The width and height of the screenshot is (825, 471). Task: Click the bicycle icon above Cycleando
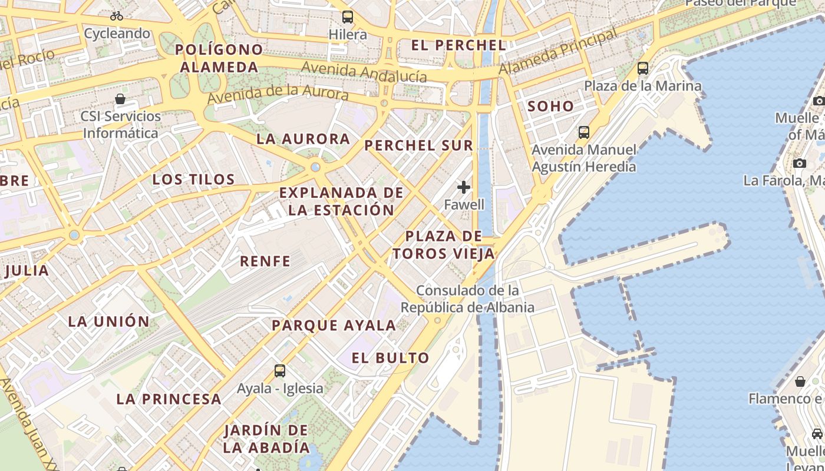(x=117, y=16)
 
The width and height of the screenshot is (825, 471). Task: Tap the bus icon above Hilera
(x=348, y=17)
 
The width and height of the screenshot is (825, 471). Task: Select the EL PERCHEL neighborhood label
(x=458, y=45)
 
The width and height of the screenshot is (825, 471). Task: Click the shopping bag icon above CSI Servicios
(x=120, y=98)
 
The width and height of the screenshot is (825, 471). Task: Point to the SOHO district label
(x=550, y=106)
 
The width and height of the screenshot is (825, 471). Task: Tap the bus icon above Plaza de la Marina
(x=643, y=68)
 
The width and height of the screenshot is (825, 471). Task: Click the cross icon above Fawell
(x=464, y=187)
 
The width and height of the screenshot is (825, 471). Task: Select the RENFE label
(x=265, y=261)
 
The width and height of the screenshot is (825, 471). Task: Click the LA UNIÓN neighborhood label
(x=109, y=321)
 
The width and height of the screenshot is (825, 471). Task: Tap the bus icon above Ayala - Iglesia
(x=280, y=371)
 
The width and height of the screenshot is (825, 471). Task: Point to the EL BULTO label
(x=391, y=358)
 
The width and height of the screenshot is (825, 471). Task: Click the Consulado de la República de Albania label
(x=468, y=299)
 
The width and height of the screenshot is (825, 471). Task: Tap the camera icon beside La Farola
(x=800, y=163)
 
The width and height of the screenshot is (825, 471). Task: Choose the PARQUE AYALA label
(x=334, y=325)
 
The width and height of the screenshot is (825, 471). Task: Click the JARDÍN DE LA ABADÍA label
(x=266, y=439)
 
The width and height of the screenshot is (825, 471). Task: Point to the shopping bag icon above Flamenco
(x=800, y=382)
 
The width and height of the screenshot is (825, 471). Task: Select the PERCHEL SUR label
(x=418, y=145)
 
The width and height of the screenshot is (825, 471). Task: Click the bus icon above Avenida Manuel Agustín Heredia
(x=584, y=132)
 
